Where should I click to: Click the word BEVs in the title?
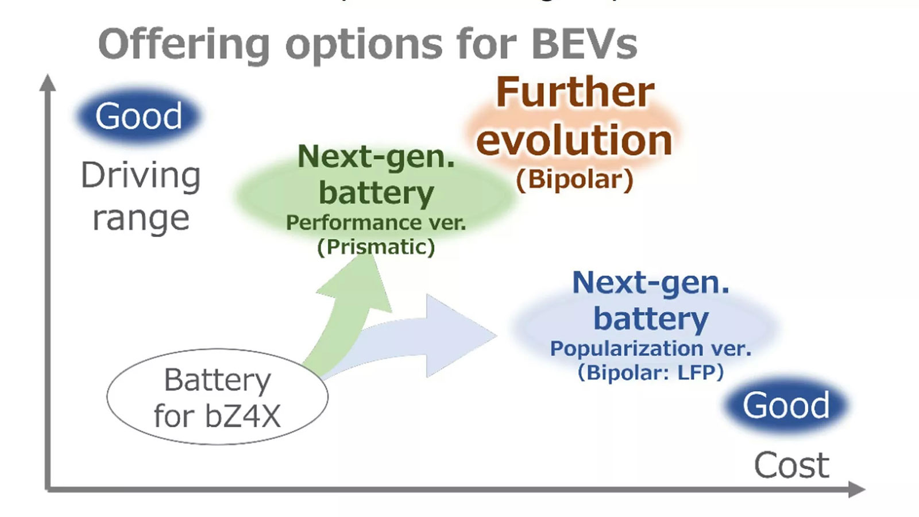[584, 44]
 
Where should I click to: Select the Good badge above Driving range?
[138, 116]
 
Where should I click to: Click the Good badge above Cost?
[786, 406]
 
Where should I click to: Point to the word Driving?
[141, 175]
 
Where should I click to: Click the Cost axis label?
[791, 465]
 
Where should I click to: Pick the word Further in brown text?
[574, 92]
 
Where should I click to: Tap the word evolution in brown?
[574, 140]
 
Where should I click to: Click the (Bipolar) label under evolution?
[574, 179]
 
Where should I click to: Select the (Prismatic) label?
[376, 247]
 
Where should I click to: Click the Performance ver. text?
[376, 222]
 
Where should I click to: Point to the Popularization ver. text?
[651, 348]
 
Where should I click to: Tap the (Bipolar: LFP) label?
[651, 372]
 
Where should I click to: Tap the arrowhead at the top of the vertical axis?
[48, 83]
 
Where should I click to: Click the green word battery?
[376, 192]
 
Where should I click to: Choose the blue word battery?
[651, 318]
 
